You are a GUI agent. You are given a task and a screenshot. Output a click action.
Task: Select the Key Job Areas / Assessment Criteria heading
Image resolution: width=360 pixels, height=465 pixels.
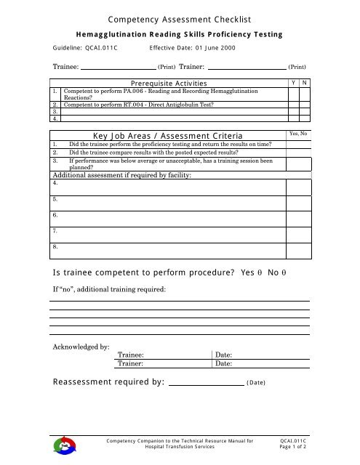170,135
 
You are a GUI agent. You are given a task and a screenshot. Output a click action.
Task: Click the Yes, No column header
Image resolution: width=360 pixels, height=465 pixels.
299,134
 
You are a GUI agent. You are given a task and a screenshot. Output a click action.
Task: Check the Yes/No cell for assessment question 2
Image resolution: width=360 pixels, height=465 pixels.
299,153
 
